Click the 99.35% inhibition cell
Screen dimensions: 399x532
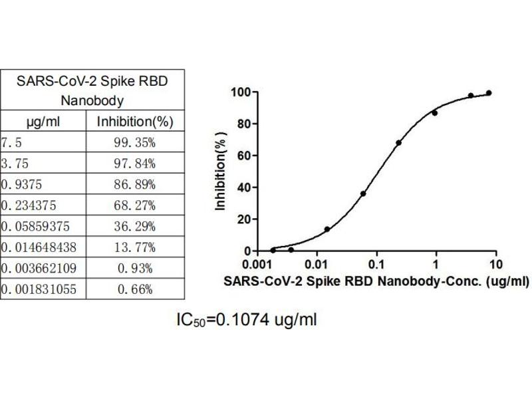click(x=135, y=142)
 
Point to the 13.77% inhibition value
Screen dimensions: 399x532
click(x=135, y=247)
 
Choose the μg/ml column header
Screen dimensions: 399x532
click(x=43, y=122)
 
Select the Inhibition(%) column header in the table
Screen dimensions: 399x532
click(x=135, y=122)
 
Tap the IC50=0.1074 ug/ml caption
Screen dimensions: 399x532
click(x=247, y=321)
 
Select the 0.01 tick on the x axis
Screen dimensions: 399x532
click(x=317, y=263)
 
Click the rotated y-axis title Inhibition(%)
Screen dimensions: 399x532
click(x=221, y=172)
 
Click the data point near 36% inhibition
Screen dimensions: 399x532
click(x=363, y=194)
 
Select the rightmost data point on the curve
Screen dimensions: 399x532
click(x=489, y=93)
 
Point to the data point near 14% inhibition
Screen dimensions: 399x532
click(x=327, y=229)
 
